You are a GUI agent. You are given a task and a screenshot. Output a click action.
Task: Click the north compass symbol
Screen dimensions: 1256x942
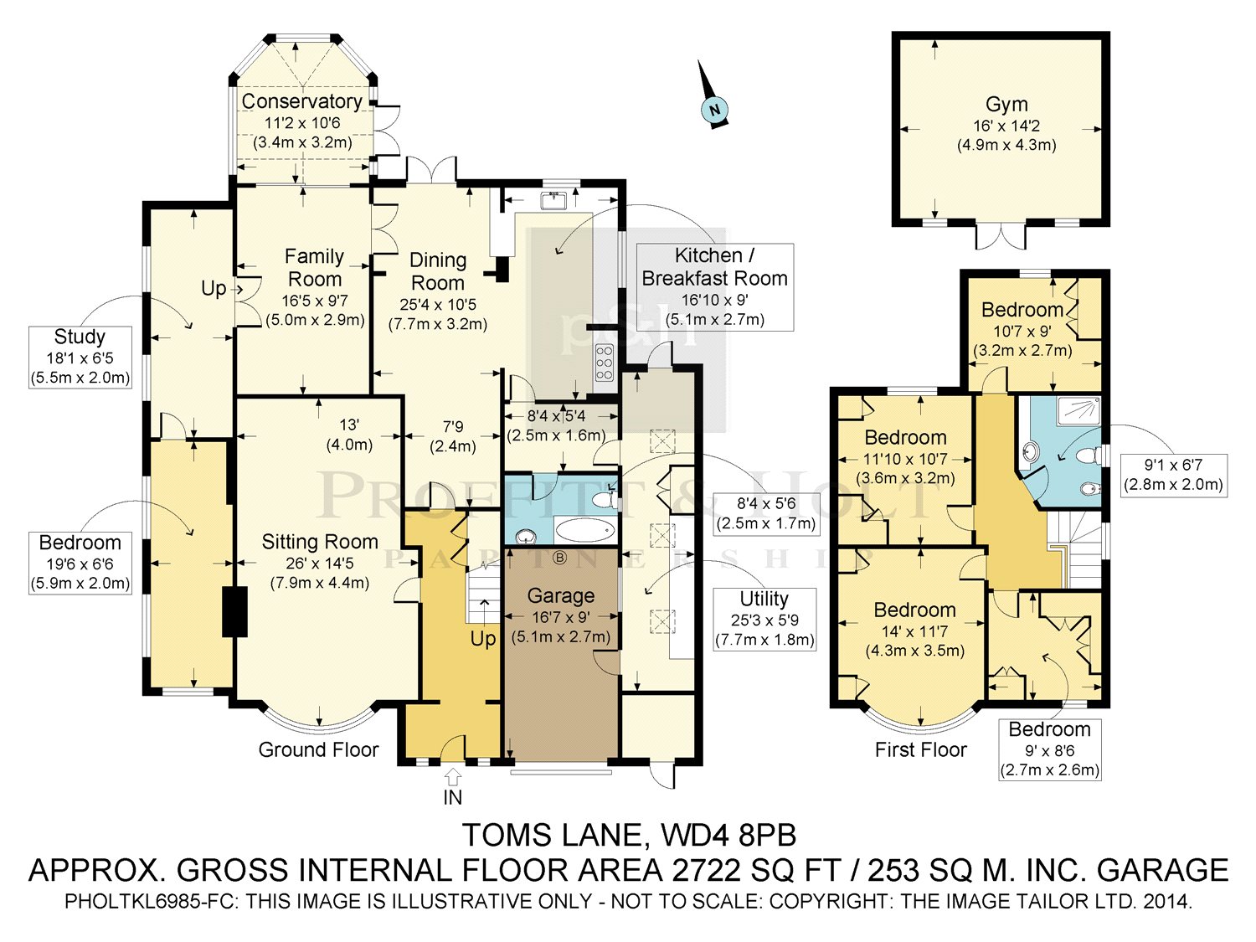tap(713, 103)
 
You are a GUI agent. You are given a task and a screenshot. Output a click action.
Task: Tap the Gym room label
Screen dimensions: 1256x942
tap(1006, 104)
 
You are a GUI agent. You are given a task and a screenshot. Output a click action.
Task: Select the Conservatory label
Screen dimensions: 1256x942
tap(301, 101)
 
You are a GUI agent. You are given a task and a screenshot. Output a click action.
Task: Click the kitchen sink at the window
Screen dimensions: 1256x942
tap(553, 201)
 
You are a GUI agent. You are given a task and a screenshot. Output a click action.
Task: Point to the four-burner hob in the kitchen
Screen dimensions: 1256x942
tap(605, 363)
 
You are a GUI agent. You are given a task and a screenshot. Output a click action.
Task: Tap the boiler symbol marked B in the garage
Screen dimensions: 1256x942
tap(559, 557)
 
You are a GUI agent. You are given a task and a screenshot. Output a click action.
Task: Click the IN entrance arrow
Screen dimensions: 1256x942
tap(453, 777)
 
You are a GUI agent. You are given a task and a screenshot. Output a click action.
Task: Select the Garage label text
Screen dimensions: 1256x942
tap(561, 595)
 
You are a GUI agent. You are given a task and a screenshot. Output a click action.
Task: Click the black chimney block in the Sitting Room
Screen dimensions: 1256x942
tap(234, 611)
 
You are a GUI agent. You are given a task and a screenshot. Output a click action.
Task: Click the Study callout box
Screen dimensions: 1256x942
tap(80, 358)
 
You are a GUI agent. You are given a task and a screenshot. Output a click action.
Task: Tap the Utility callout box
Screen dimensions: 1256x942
tap(764, 619)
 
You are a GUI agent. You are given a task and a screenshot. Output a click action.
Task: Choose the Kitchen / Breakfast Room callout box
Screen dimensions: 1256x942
tap(715, 287)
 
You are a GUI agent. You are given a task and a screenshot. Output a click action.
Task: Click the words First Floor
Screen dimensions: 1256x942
tap(921, 749)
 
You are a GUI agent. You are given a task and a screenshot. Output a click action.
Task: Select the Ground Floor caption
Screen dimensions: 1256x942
tap(318, 749)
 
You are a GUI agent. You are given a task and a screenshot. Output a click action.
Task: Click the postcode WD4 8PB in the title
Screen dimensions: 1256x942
tap(728, 835)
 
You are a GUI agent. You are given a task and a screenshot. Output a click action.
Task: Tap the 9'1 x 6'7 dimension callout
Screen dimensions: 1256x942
tap(1173, 476)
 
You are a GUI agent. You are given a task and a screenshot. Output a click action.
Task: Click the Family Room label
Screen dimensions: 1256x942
tap(314, 268)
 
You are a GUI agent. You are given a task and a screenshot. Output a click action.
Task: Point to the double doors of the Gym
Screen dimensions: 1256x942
tap(1001, 235)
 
